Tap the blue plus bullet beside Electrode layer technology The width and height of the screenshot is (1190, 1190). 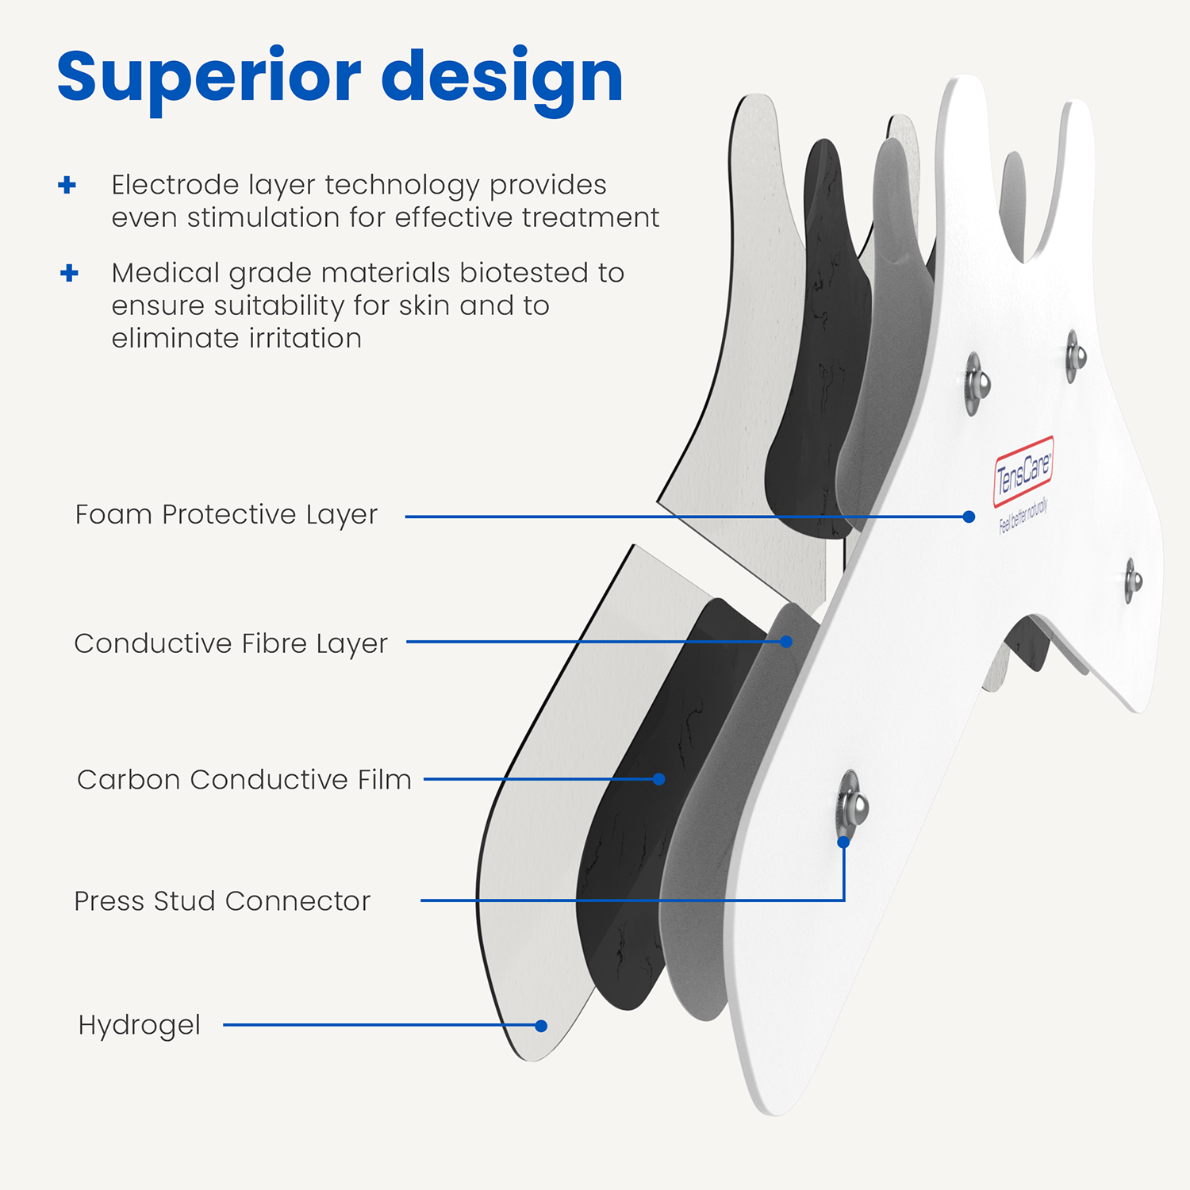coord(67,186)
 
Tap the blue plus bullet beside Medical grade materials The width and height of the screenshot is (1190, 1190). coord(69,273)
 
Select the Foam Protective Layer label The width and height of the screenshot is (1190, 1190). coord(226,515)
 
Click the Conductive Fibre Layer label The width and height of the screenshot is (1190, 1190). coord(231,643)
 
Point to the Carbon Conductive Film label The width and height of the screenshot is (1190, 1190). coord(244,780)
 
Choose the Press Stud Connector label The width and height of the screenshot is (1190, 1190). coord(222,901)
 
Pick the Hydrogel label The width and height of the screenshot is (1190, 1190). coord(140,1025)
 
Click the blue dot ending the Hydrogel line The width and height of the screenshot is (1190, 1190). coord(541,1026)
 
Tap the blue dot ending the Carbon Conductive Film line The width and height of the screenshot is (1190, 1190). coord(658,779)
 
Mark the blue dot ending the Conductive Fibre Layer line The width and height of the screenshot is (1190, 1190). coord(786,642)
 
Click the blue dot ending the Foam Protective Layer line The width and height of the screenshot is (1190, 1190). coord(969,516)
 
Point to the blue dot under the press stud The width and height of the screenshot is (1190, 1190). coord(843,843)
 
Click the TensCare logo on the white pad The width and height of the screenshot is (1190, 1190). coord(1023,470)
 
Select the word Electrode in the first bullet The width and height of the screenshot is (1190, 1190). coord(175,185)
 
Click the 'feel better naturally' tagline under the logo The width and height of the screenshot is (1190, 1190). coord(1023,516)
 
